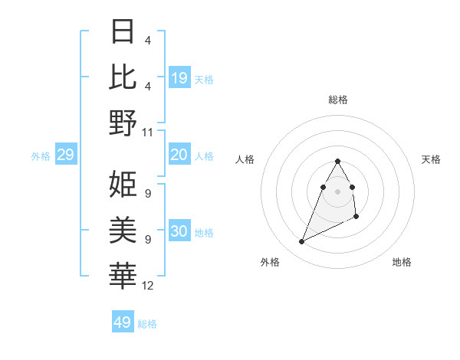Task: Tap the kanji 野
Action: (x=123, y=122)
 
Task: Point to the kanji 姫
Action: (x=123, y=184)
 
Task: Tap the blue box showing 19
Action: (x=179, y=78)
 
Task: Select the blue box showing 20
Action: (x=179, y=155)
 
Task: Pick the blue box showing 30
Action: (x=179, y=232)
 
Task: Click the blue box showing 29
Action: (x=65, y=155)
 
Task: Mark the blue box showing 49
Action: (x=123, y=322)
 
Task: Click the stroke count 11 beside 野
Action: (x=148, y=132)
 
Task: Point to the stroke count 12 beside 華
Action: (x=148, y=286)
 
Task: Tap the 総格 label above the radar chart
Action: (x=338, y=100)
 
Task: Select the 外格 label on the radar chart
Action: (x=270, y=262)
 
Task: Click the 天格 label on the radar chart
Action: (x=432, y=159)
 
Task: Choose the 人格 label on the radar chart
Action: (x=245, y=159)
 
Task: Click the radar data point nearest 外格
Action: (x=302, y=242)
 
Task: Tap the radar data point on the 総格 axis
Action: (x=338, y=161)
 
